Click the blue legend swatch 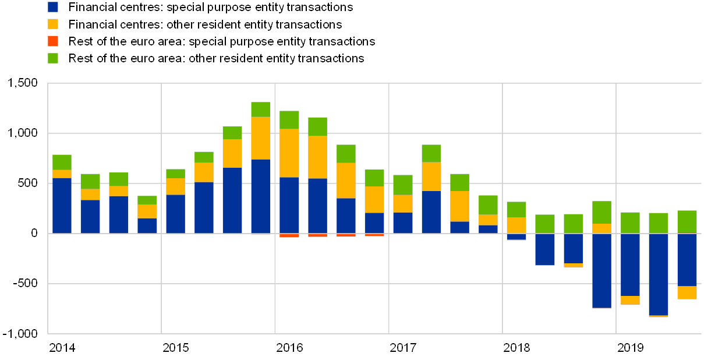tap(53, 7)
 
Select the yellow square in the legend tap(53, 24)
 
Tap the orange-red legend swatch tap(53, 41)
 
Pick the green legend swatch tap(53, 58)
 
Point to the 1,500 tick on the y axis tap(23, 83)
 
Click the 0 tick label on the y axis tap(34, 233)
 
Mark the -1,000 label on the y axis tap(23, 333)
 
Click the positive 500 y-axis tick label tap(27, 183)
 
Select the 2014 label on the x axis tap(61, 348)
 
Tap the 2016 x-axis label tap(289, 348)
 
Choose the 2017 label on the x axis tap(402, 348)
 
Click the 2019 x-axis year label tap(630, 348)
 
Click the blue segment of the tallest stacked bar tap(261, 196)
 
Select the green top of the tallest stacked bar tap(261, 110)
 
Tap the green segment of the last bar tap(687, 221)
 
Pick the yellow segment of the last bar tap(687, 292)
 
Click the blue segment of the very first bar tap(62, 205)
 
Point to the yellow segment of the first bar tap(62, 174)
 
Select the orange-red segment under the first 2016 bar tap(289, 235)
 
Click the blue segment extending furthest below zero tap(659, 274)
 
